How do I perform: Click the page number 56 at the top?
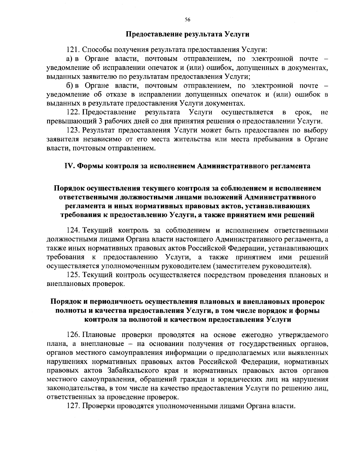coord(187,20)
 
